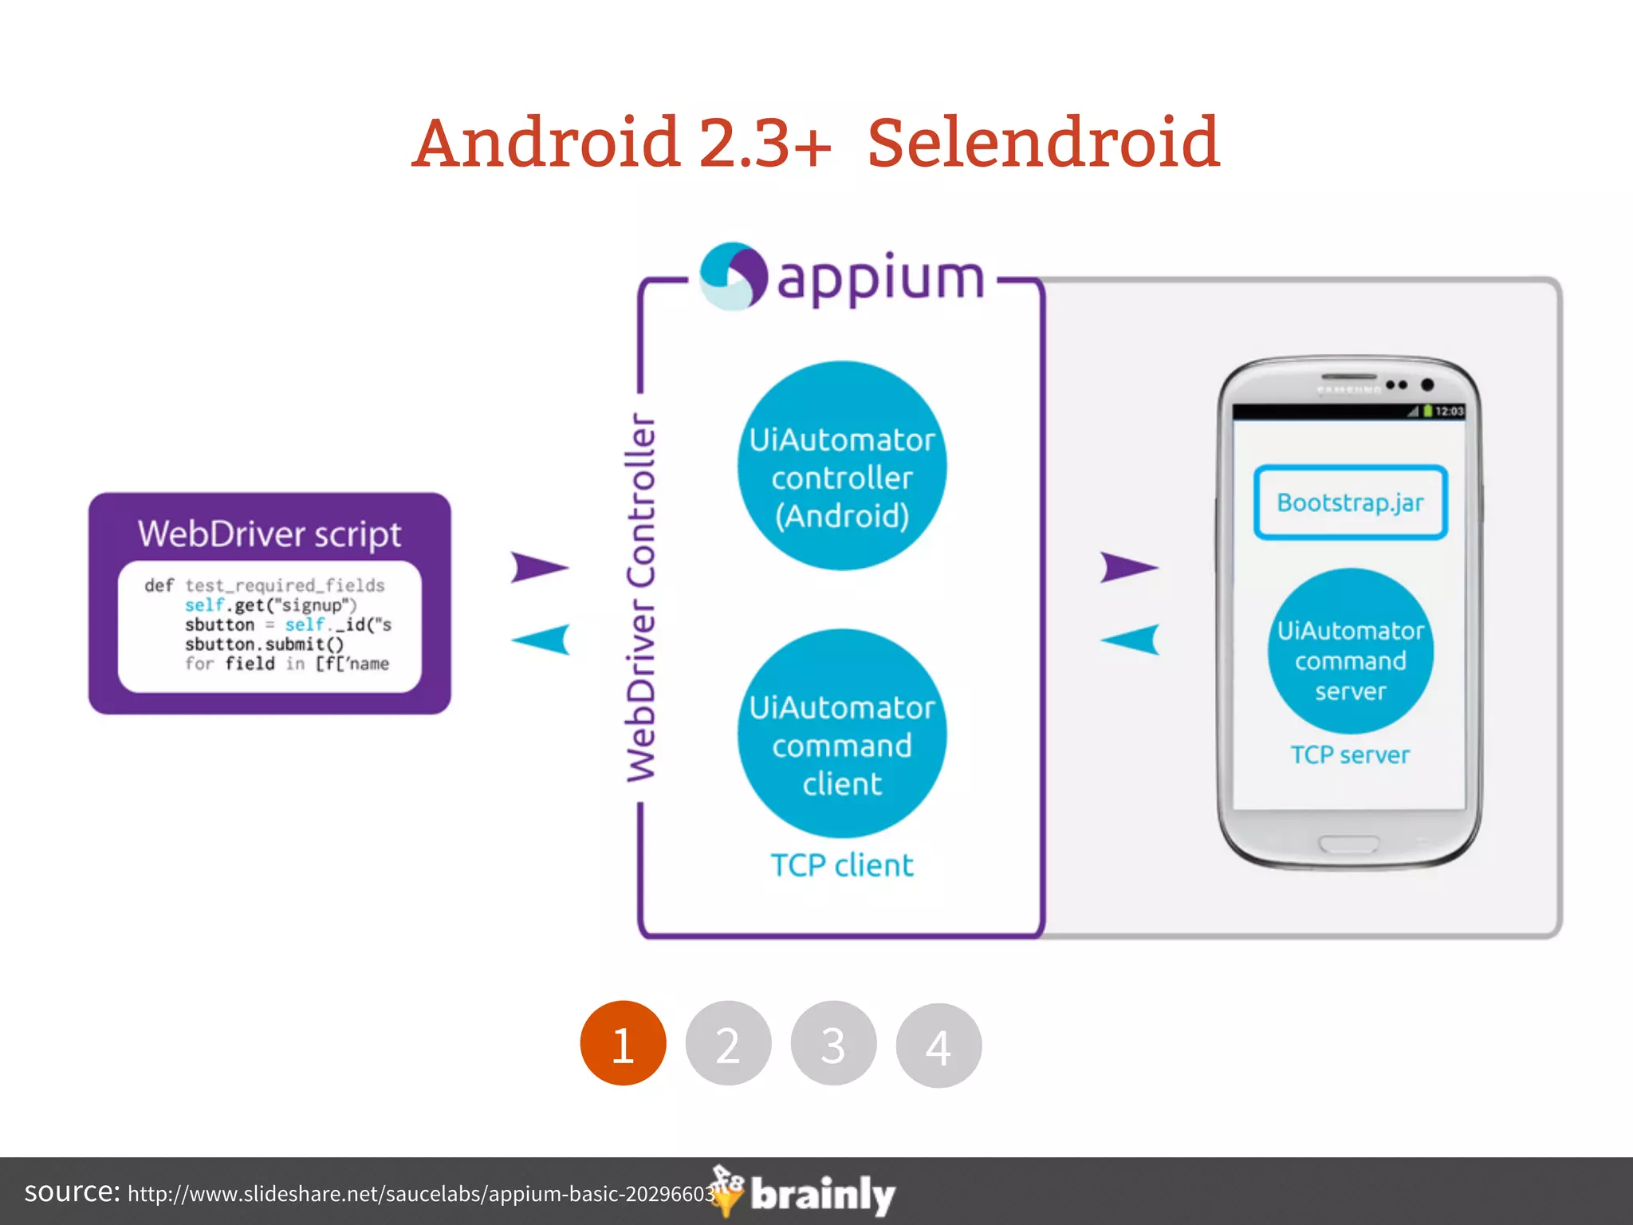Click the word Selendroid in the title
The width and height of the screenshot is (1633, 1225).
[x=1043, y=144]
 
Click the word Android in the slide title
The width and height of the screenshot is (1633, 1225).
[x=549, y=144]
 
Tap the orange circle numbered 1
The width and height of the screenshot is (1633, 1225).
[x=623, y=1043]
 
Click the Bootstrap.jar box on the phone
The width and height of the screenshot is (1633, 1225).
[x=1350, y=502]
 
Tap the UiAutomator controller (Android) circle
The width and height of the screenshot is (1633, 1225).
[x=842, y=467]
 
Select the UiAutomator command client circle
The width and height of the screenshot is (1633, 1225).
[x=842, y=734]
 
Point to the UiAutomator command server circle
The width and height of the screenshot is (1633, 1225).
[x=1350, y=652]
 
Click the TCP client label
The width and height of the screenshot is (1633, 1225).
[x=842, y=865]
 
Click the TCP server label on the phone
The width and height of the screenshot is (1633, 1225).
[x=1350, y=754]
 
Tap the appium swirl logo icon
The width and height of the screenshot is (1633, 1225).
[x=733, y=276]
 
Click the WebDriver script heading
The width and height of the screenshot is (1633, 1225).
[x=270, y=534]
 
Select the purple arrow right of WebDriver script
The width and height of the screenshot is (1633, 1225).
[x=538, y=567]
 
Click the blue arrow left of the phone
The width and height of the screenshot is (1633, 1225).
[x=1131, y=639]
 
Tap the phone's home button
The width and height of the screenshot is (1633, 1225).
[x=1349, y=844]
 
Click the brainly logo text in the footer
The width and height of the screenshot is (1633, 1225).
[x=823, y=1195]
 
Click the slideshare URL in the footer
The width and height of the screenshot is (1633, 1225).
[x=421, y=1194]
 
